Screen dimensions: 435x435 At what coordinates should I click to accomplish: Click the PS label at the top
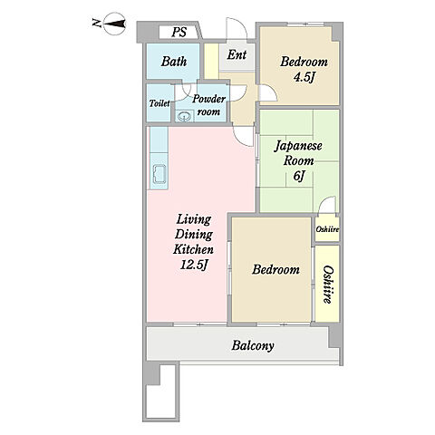(179, 32)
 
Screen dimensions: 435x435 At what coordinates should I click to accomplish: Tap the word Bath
(174, 62)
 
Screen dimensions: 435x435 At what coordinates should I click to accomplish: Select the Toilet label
(159, 103)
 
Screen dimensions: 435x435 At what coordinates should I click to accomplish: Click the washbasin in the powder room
(184, 116)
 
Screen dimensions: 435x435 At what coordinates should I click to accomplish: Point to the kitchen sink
(159, 174)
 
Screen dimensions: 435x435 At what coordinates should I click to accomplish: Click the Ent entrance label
(237, 54)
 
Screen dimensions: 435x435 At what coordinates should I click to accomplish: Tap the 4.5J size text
(304, 77)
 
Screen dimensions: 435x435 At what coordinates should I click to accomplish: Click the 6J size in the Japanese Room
(298, 176)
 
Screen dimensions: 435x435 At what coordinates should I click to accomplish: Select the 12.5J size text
(194, 265)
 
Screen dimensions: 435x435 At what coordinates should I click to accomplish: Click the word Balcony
(253, 345)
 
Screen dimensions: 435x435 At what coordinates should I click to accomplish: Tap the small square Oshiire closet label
(327, 229)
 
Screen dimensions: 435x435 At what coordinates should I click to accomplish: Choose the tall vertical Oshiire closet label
(328, 285)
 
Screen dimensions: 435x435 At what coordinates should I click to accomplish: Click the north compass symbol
(114, 24)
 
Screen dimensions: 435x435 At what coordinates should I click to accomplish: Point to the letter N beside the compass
(96, 23)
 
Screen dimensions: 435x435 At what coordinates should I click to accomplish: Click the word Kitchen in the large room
(193, 249)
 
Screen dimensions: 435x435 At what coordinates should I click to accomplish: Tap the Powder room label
(208, 105)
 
